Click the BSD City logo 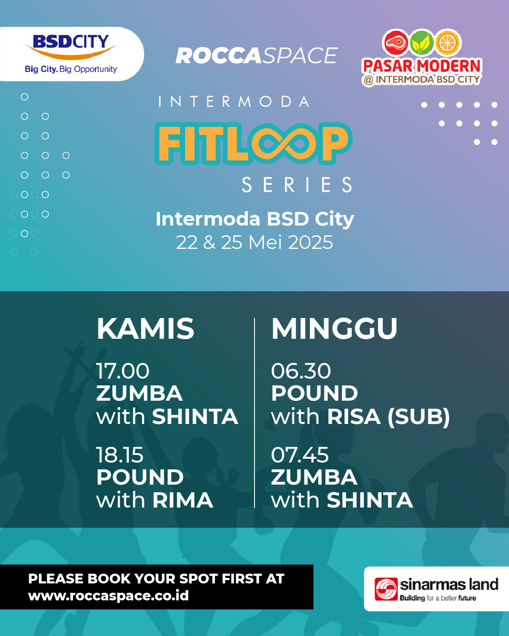tap(71, 53)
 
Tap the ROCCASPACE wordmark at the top tap(257, 56)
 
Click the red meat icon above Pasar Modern tap(395, 42)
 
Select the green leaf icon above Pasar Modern tap(422, 42)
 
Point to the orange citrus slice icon tap(448, 42)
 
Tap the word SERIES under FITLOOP tap(297, 185)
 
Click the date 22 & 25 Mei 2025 tap(255, 243)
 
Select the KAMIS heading tap(145, 329)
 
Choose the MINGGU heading tap(335, 329)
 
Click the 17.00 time tap(123, 371)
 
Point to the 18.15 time tap(120, 455)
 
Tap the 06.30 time tap(301, 371)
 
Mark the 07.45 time tap(299, 455)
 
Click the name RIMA tap(183, 500)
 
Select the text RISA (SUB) tap(389, 417)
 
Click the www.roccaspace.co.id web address tap(108, 595)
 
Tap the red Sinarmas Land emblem tap(386, 589)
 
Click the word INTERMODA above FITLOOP tap(234, 102)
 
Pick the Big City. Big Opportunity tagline tap(71, 69)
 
